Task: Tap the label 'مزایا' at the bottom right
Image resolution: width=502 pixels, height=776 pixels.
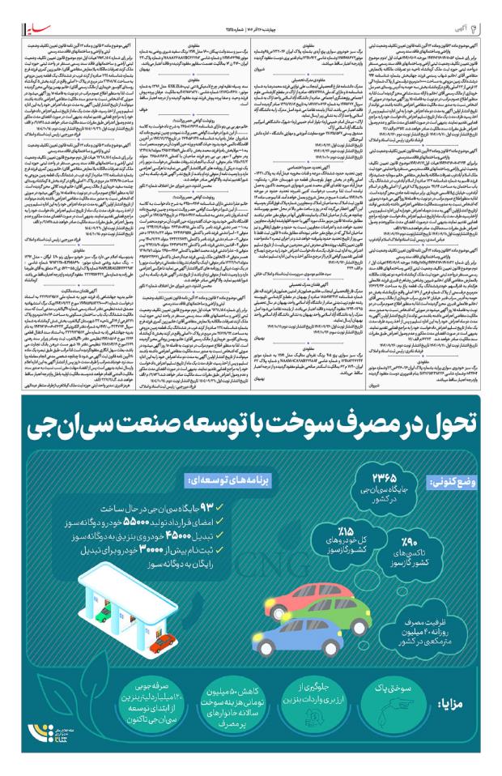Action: (x=462, y=701)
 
